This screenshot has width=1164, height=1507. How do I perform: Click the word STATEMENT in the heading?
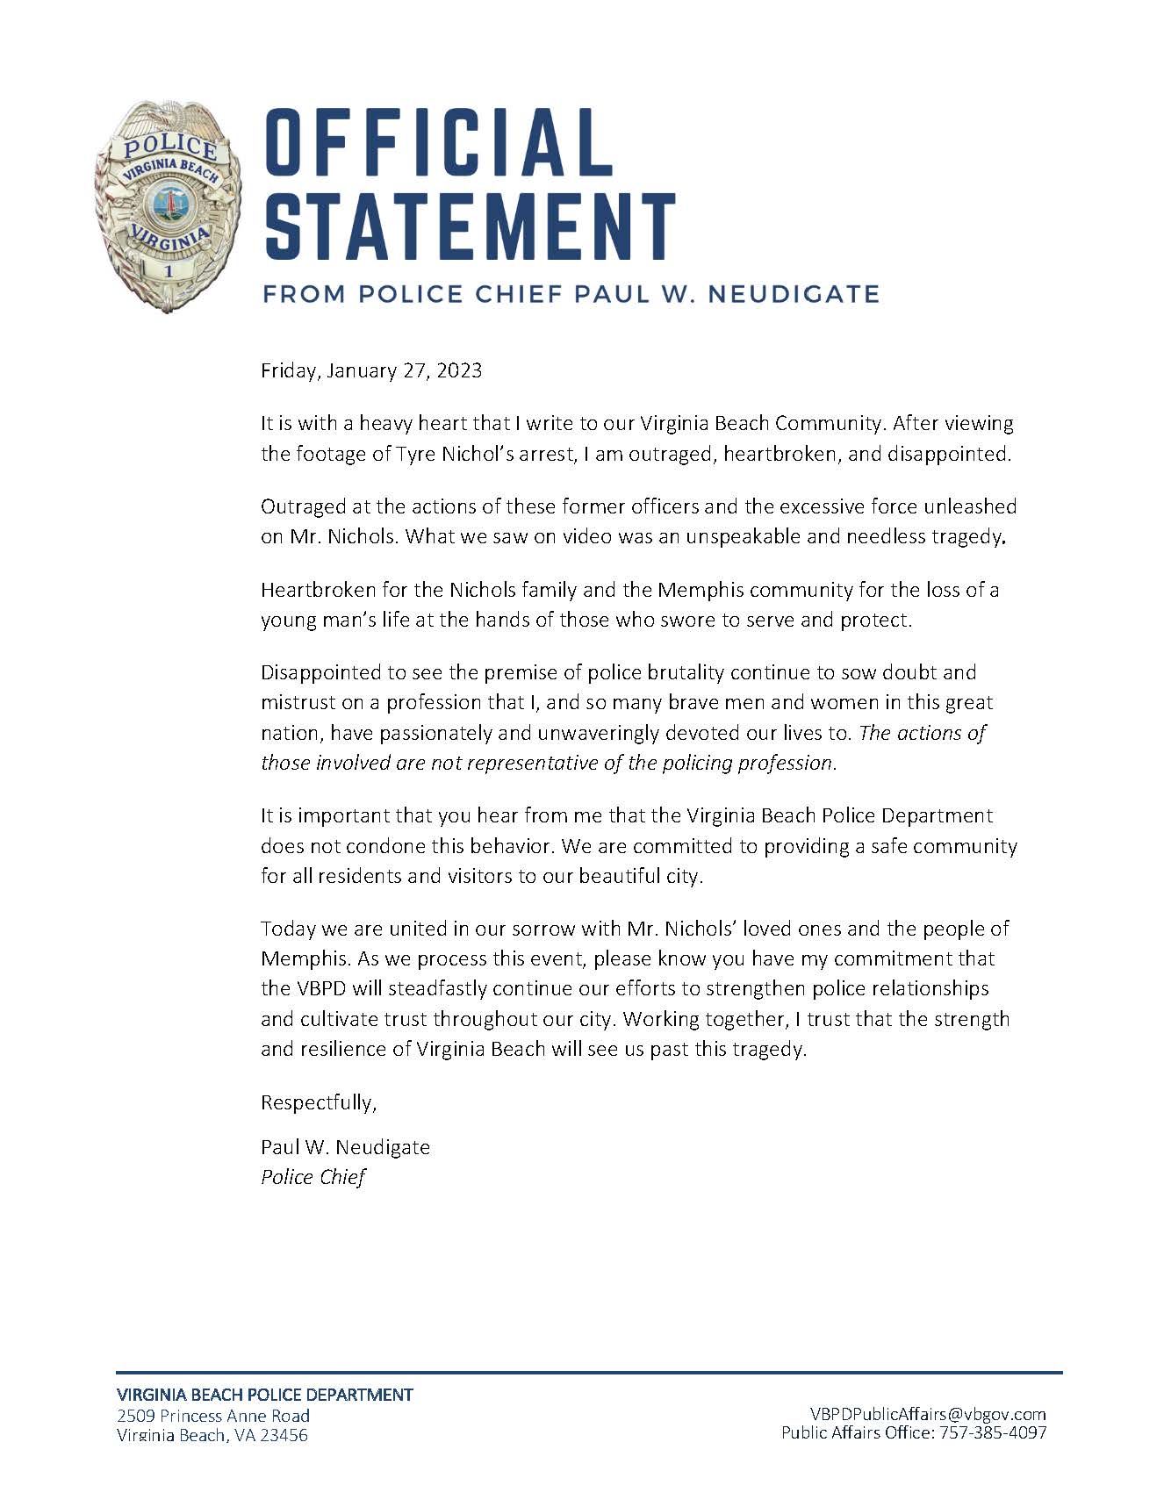click(x=471, y=226)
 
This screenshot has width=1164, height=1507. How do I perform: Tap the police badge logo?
click(x=168, y=206)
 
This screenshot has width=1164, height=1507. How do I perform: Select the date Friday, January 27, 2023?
click(x=370, y=370)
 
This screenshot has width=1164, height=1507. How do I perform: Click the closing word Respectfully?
click(x=318, y=1103)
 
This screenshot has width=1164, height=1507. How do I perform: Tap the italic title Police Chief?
click(x=313, y=1177)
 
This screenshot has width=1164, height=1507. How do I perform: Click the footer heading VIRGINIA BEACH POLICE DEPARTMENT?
click(x=264, y=1394)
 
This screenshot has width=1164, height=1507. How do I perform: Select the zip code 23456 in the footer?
click(x=284, y=1436)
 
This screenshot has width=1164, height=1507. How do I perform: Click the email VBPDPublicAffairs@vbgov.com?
click(x=927, y=1413)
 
